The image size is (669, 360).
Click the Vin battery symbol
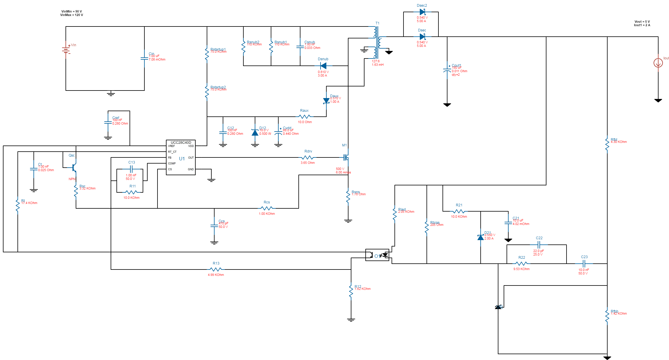coord(66,50)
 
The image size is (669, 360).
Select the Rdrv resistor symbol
coord(307,157)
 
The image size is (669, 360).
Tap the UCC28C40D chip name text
coord(181,143)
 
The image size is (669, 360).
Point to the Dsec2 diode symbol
coord(422,12)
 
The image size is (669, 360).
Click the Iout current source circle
coord(658,63)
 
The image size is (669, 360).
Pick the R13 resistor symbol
coord(216,269)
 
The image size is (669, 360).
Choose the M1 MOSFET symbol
coord(346,157)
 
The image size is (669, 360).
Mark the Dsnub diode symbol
coord(323,66)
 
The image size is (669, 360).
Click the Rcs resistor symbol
coord(267,208)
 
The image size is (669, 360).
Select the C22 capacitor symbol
coord(539,245)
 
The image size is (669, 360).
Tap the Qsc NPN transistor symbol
coord(74,168)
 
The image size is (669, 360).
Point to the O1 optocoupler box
coord(377,255)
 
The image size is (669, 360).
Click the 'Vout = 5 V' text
coord(642,22)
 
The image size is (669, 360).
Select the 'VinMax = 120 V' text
coord(72,15)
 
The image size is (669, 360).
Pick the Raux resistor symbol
coord(305,117)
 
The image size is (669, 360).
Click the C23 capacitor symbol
coord(584,264)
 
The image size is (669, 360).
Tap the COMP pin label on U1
coord(172,164)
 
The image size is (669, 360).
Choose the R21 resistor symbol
coord(459,211)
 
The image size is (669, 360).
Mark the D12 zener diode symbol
coord(255,133)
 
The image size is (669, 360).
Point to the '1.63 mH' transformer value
coord(378,65)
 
